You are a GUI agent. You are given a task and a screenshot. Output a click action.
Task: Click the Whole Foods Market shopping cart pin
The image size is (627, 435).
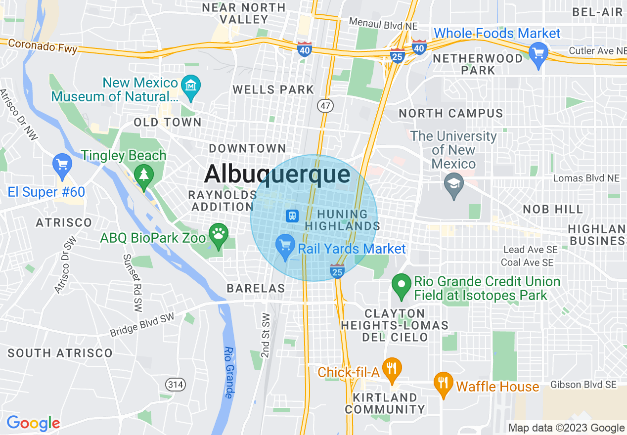[538, 51]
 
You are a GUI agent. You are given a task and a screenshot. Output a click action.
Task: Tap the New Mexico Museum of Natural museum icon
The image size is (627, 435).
[190, 85]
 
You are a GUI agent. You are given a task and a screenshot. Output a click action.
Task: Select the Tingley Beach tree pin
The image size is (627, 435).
[144, 175]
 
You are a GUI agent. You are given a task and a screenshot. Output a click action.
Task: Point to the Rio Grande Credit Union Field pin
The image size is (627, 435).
[402, 284]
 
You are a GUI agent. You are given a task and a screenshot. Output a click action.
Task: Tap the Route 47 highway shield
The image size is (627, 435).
[326, 105]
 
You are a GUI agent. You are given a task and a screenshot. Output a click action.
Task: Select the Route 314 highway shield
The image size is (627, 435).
[175, 385]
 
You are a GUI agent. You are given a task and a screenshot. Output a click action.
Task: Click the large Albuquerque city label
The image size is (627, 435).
[277, 174]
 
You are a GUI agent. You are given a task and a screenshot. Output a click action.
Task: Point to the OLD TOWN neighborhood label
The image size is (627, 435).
[168, 122]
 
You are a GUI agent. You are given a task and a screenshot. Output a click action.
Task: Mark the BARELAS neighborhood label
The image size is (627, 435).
[256, 288]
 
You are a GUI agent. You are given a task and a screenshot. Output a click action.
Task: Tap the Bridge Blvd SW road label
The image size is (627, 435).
[142, 326]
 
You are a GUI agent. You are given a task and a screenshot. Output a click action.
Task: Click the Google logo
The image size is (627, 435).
[33, 423]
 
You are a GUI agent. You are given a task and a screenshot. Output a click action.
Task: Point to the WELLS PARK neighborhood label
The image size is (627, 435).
[273, 89]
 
